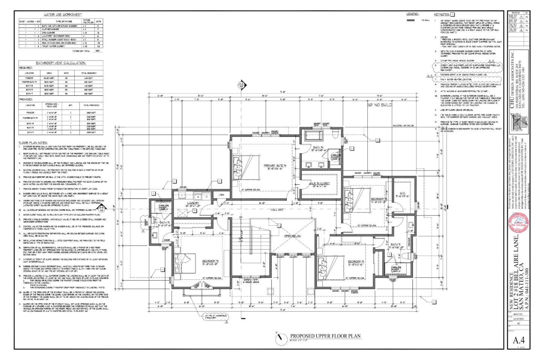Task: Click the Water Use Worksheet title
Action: [x=63, y=15]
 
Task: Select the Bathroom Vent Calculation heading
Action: [x=61, y=63]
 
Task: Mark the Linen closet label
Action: [x=222, y=195]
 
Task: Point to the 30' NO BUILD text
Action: [x=379, y=105]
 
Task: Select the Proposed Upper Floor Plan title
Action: [x=325, y=336]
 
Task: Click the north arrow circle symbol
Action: [x=280, y=339]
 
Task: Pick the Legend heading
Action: [x=412, y=14]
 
